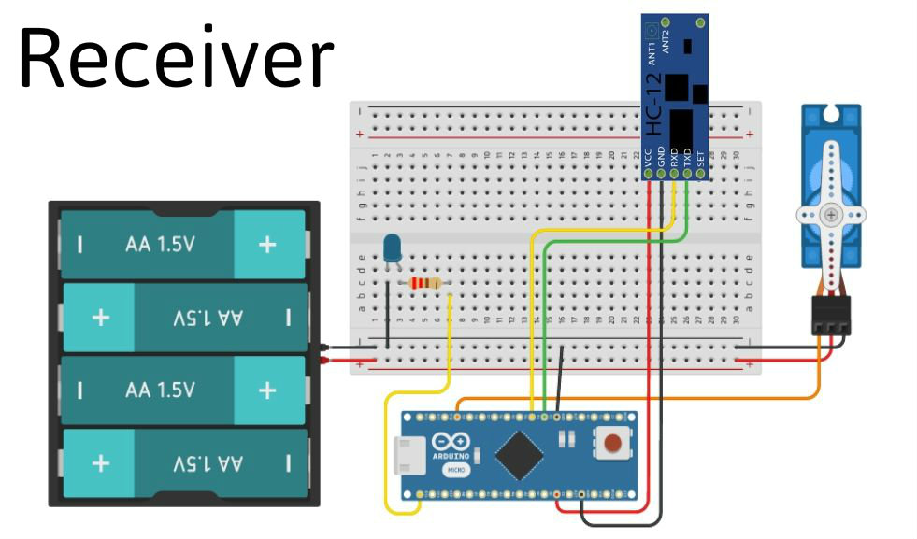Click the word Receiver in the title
tap(176, 58)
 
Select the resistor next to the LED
tap(426, 283)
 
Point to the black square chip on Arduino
tap(520, 455)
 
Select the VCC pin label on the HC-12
tap(648, 158)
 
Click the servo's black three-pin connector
tap(831, 316)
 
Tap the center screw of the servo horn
tap(831, 215)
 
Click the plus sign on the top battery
tap(267, 245)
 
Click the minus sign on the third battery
tap(80, 389)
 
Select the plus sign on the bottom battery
tap(101, 461)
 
